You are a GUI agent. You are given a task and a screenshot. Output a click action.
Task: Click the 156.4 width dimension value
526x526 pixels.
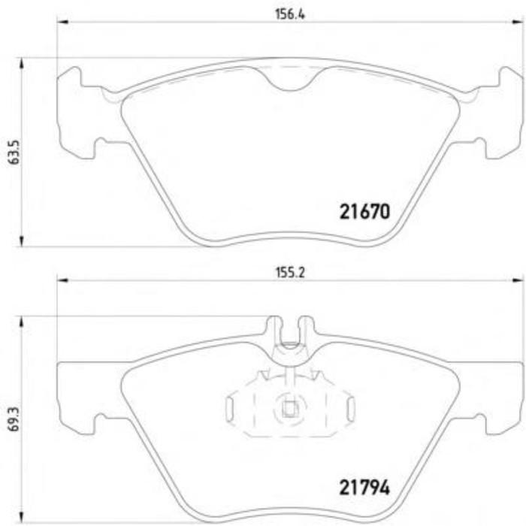pos(290,14)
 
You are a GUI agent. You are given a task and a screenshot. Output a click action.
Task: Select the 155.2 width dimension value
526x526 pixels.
pos(291,273)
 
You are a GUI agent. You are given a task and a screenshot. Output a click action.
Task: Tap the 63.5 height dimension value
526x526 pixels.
pos(14,153)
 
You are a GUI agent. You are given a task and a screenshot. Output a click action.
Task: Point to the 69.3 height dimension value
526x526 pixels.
pos(14,419)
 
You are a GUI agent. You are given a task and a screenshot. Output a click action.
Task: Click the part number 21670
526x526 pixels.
pos(365,212)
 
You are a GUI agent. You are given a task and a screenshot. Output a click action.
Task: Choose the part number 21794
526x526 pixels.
pos(365,488)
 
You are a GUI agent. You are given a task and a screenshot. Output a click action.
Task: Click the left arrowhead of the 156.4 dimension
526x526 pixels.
pos(62,22)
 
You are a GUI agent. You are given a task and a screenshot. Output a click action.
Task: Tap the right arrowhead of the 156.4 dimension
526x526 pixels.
pos(518,22)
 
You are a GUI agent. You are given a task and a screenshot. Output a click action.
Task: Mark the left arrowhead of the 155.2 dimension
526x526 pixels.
pos(62,280)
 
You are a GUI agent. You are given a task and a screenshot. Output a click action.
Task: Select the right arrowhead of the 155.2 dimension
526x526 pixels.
pos(518,280)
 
